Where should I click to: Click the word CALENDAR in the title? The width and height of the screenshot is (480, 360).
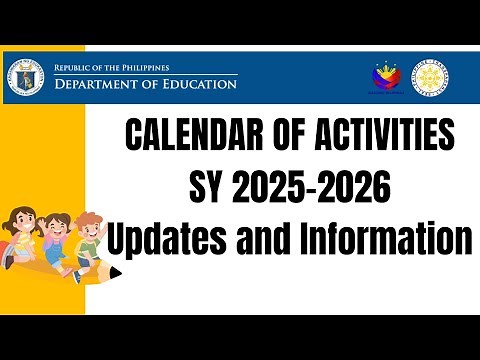[186, 136]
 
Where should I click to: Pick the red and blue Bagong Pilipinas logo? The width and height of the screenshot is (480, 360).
[387, 75]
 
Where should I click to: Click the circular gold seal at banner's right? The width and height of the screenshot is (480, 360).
[431, 76]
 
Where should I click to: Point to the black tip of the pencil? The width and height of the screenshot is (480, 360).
[115, 272]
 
